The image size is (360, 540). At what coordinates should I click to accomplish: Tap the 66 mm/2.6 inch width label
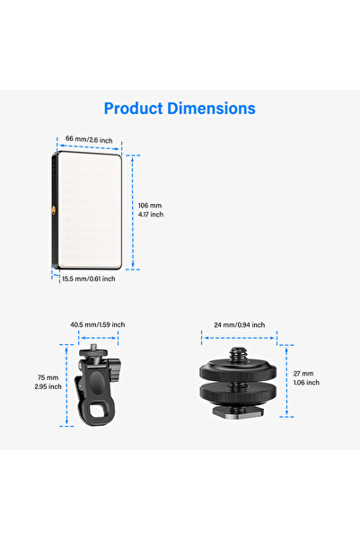pyautogui.click(x=89, y=139)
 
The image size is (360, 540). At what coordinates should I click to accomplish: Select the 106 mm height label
pyautogui.click(x=150, y=205)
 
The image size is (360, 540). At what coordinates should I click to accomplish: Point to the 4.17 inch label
pyautogui.click(x=151, y=214)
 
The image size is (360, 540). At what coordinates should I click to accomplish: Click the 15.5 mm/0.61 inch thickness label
pyautogui.click(x=89, y=279)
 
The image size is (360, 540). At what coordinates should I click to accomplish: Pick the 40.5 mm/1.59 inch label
pyautogui.click(x=98, y=324)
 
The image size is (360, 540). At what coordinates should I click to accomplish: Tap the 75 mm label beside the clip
pyautogui.click(x=48, y=377)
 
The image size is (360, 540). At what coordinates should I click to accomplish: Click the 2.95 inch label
pyautogui.click(x=48, y=386)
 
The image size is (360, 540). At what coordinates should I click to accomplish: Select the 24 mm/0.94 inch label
pyautogui.click(x=240, y=324)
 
